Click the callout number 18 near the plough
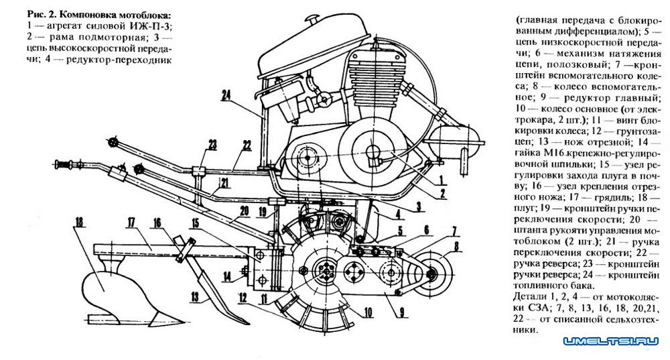tap(79, 223)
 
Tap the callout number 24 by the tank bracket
tap(226, 95)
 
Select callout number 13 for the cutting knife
tap(195, 296)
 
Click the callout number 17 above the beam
tap(131, 223)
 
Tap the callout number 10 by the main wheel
tap(368, 313)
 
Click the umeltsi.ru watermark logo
tap(611, 341)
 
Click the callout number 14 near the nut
tap(226, 277)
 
